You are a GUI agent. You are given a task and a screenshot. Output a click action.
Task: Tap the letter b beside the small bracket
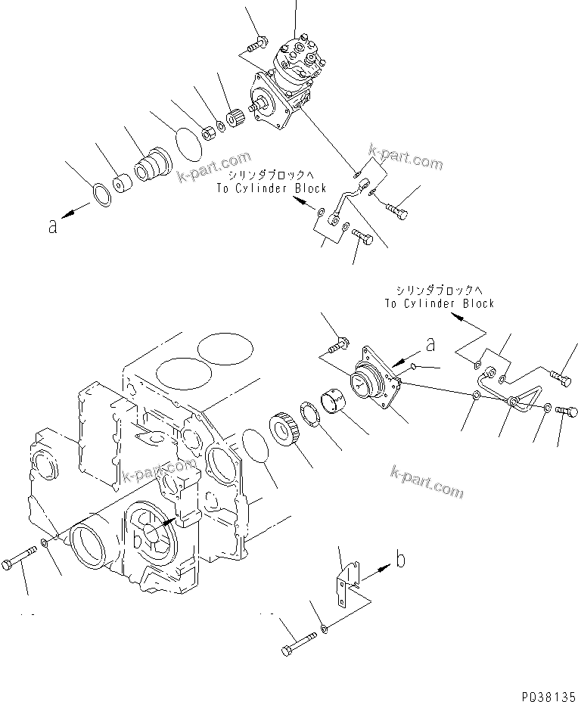[402, 561]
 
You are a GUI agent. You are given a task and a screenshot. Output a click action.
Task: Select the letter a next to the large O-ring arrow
[52, 225]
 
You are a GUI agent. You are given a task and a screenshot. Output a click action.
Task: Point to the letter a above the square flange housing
[430, 345]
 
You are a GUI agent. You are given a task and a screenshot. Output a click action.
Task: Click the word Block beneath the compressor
[309, 188]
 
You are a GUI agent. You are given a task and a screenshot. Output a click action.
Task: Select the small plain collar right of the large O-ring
[120, 184]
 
